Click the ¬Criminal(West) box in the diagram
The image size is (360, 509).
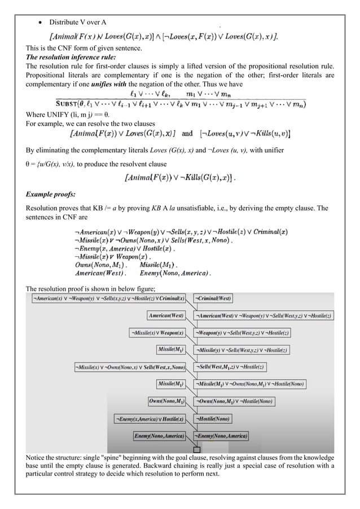213,298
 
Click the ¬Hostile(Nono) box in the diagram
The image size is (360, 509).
213,419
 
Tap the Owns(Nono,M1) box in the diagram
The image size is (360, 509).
167,401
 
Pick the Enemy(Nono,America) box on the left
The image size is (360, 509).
160,436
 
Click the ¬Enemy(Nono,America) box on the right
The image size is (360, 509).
222,436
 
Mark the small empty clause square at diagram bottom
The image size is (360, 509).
196,449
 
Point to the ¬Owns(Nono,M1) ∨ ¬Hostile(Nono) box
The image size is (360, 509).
234,401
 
